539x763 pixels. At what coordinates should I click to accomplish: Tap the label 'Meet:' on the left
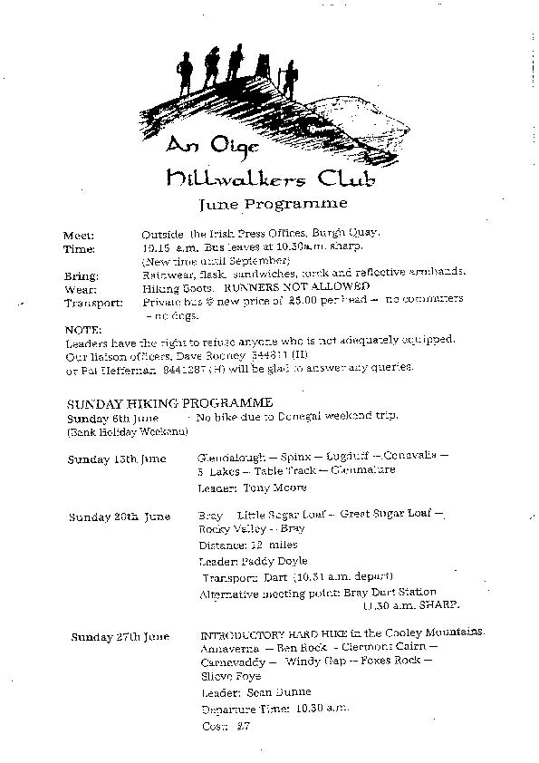pyautogui.click(x=80, y=234)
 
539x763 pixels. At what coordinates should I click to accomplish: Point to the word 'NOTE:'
pyautogui.click(x=83, y=329)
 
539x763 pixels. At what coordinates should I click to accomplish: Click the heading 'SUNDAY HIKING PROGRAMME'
pyautogui.click(x=169, y=401)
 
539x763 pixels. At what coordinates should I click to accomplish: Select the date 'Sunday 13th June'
pyautogui.click(x=117, y=459)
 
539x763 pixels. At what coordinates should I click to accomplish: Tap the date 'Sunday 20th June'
pyautogui.click(x=120, y=517)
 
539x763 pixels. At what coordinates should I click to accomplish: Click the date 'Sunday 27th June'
pyautogui.click(x=120, y=637)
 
